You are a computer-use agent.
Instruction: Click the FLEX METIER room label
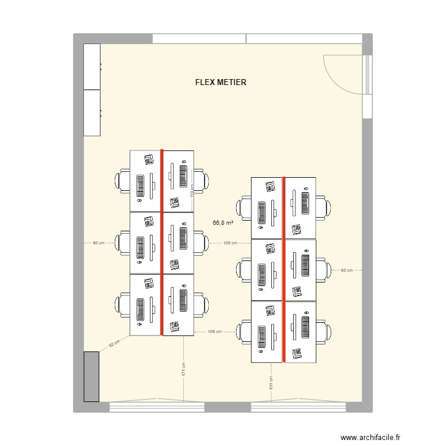coord(221,82)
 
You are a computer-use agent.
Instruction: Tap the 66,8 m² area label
coord(223,223)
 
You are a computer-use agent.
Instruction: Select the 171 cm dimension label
coord(184,369)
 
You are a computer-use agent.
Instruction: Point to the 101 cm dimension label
coord(271,382)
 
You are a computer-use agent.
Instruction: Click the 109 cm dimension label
coord(230,243)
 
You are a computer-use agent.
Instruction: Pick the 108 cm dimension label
coord(215,332)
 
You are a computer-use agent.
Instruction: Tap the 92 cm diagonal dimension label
coord(114,344)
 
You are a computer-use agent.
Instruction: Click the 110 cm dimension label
coord(192,190)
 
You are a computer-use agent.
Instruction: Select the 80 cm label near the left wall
coord(99,243)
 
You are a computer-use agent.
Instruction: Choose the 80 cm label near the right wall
coord(347,270)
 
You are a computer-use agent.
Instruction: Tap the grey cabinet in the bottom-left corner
coord(92,376)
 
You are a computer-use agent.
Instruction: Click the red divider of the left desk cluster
coord(162,243)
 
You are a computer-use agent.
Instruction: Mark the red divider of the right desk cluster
coord(284,269)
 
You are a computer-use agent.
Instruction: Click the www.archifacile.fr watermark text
coord(370,437)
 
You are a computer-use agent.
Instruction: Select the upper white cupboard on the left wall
coord(92,67)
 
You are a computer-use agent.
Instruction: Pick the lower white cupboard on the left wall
coord(92,113)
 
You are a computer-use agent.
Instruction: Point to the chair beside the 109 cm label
coord(202,243)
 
